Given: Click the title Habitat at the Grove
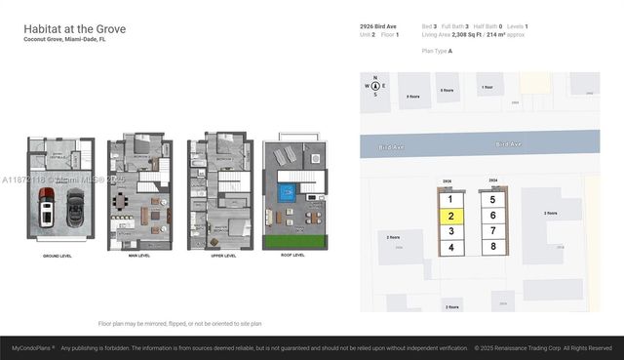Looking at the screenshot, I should (x=75, y=29).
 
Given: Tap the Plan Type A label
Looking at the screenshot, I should (x=437, y=50).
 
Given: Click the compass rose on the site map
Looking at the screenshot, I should (x=375, y=88).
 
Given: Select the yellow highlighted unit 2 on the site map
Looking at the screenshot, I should (x=449, y=215).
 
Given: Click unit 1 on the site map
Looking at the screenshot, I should (x=449, y=198).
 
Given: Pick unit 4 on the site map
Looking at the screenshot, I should (x=449, y=248).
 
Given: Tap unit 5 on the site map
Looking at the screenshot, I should (x=493, y=199).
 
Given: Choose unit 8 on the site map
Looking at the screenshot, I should (x=493, y=247).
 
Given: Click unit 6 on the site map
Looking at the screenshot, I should (x=493, y=215).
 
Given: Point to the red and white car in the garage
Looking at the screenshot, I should (x=46, y=207).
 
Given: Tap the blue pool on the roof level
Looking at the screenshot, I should (x=288, y=193).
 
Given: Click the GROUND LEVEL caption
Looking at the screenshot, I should (x=59, y=256).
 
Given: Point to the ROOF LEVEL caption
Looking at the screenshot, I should (x=292, y=256).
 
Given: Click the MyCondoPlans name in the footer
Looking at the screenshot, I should (x=32, y=347).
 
